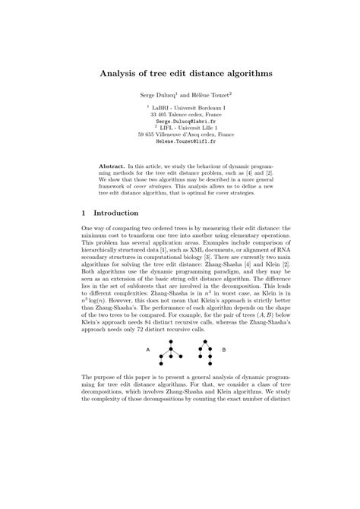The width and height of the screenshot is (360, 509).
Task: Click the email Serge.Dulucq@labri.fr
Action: (180, 121)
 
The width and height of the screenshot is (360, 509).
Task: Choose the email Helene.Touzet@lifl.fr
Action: (180, 142)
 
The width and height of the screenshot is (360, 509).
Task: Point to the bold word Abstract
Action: (114, 165)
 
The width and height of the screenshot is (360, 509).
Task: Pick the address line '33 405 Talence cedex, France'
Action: (180, 114)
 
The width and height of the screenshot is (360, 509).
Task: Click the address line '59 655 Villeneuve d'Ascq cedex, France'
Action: (180, 135)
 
